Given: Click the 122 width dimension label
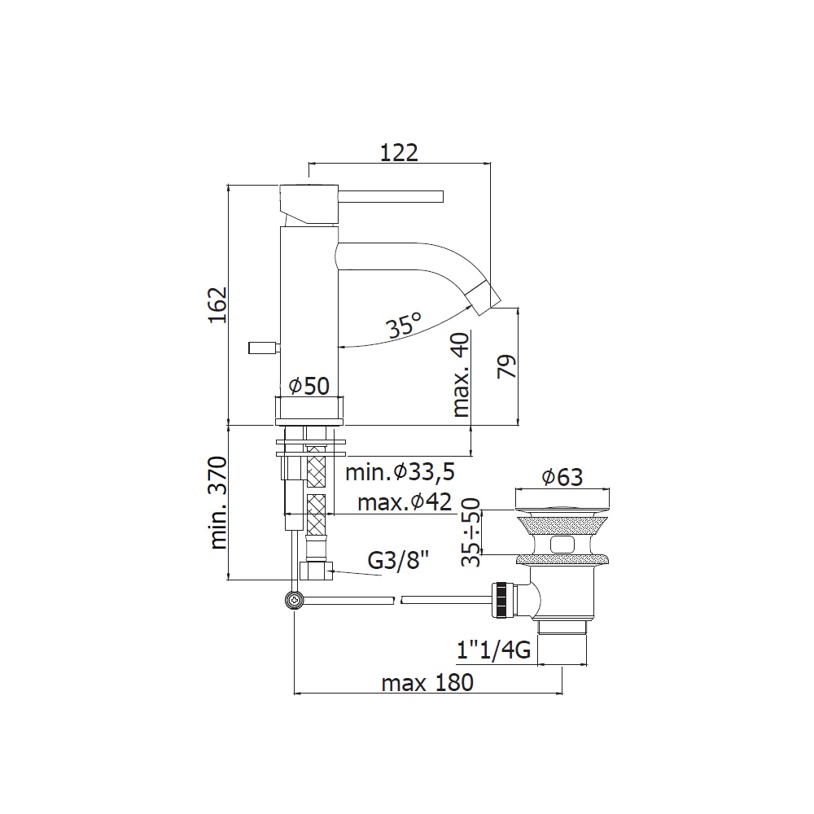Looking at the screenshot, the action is [399, 153].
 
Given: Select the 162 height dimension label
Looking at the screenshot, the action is [218, 305].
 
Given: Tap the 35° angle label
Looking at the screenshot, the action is [404, 326].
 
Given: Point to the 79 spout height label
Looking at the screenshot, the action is [507, 366].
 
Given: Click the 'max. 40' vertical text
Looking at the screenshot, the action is [461, 374].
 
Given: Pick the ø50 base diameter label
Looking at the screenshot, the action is [309, 386].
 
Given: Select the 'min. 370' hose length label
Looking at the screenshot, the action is [218, 502].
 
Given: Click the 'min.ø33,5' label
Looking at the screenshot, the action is [400, 472].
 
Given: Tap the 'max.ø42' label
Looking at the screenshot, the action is [405, 502].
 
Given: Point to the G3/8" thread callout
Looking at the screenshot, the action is [398, 560].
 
